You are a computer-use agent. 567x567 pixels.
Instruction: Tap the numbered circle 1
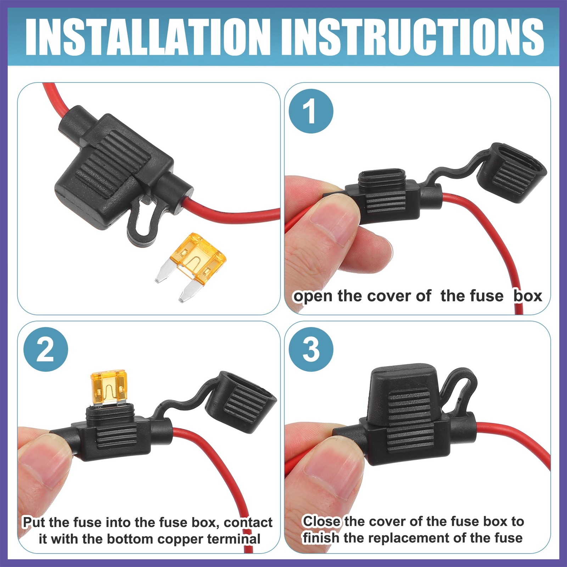click(311, 111)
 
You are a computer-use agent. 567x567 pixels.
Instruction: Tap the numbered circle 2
click(46, 349)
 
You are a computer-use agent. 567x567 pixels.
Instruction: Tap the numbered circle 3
click(311, 349)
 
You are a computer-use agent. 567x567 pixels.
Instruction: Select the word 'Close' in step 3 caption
click(321, 521)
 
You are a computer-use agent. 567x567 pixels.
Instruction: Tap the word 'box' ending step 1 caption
click(528, 296)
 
